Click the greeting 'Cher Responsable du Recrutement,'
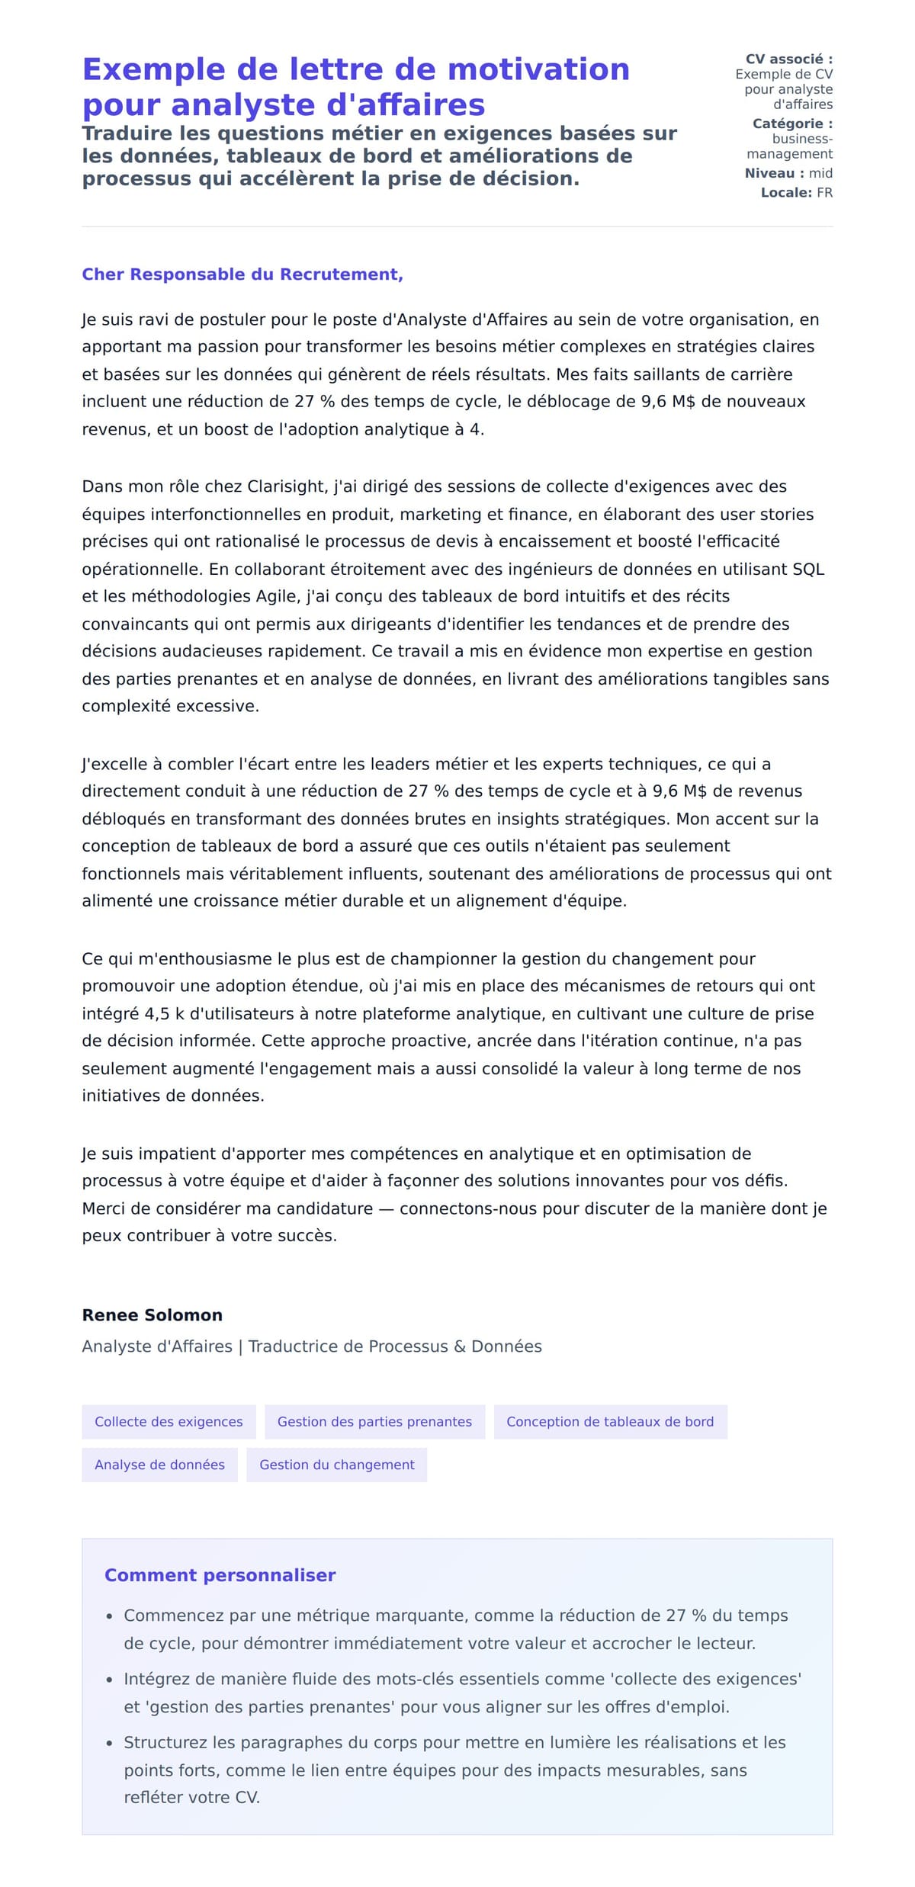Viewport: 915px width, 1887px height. (242, 274)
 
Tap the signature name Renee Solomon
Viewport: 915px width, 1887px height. (152, 1314)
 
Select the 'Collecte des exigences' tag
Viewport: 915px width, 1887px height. (169, 1421)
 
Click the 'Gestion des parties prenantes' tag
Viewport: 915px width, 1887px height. (374, 1421)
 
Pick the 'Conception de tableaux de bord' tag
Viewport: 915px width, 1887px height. (610, 1421)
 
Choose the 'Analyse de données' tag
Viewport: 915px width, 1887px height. (159, 1465)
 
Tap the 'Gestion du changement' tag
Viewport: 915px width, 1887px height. (336, 1465)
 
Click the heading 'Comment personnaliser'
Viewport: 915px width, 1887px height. (220, 1575)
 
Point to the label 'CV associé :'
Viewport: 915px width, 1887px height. (788, 59)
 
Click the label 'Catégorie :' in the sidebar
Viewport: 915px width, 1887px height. (792, 124)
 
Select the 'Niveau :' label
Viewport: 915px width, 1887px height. (774, 173)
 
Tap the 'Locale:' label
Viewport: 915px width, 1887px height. (786, 193)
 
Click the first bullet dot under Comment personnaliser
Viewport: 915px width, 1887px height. (110, 1616)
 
